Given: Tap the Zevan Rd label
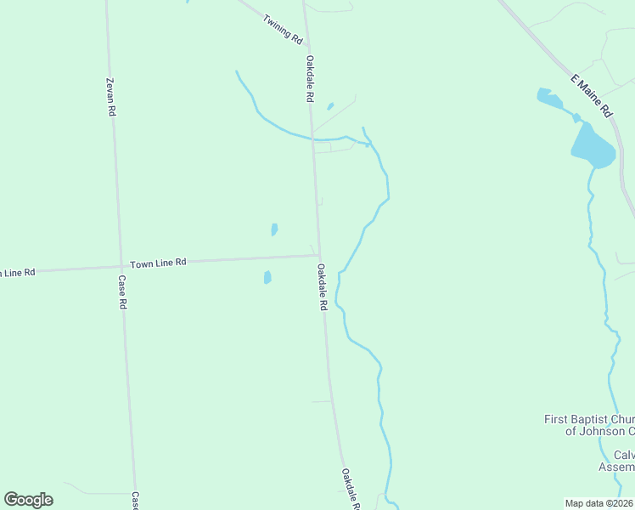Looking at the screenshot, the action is click(x=110, y=97).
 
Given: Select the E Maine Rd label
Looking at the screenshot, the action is click(x=591, y=95).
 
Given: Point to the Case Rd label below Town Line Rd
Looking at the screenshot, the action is click(x=122, y=292).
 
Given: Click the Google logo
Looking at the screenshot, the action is click(x=28, y=500).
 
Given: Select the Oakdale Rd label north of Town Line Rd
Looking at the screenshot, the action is click(x=311, y=79).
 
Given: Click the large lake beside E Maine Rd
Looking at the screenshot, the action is click(x=593, y=147).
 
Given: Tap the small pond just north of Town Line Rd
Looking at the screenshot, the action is click(x=274, y=229).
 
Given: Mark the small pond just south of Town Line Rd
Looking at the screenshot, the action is click(x=267, y=277).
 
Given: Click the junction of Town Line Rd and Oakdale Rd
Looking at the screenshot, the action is click(x=319, y=255).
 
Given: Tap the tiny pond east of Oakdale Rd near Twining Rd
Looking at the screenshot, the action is click(x=330, y=106).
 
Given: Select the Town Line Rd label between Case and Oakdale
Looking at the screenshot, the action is click(x=158, y=263).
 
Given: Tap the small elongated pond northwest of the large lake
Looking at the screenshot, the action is click(x=549, y=99).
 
